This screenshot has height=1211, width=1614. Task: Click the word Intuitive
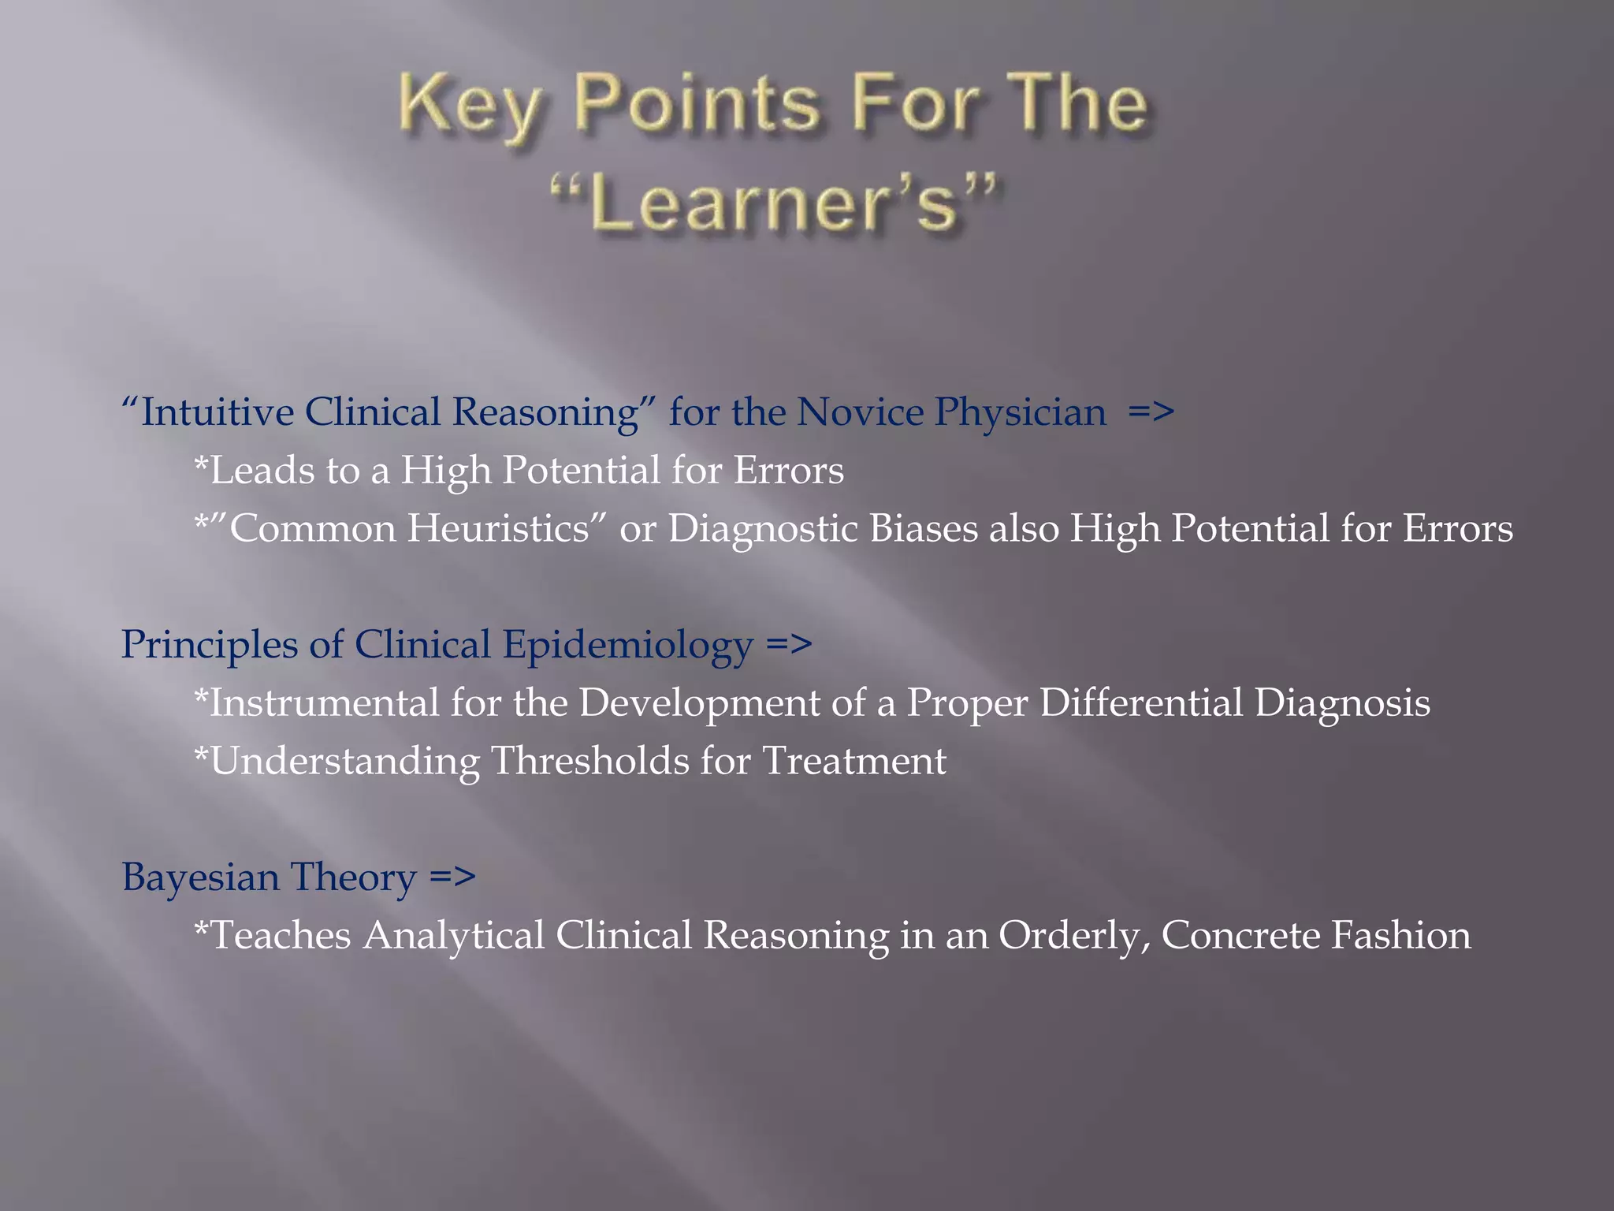point(216,412)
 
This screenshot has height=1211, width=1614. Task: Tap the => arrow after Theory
point(453,877)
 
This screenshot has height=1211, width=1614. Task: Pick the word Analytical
point(453,936)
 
